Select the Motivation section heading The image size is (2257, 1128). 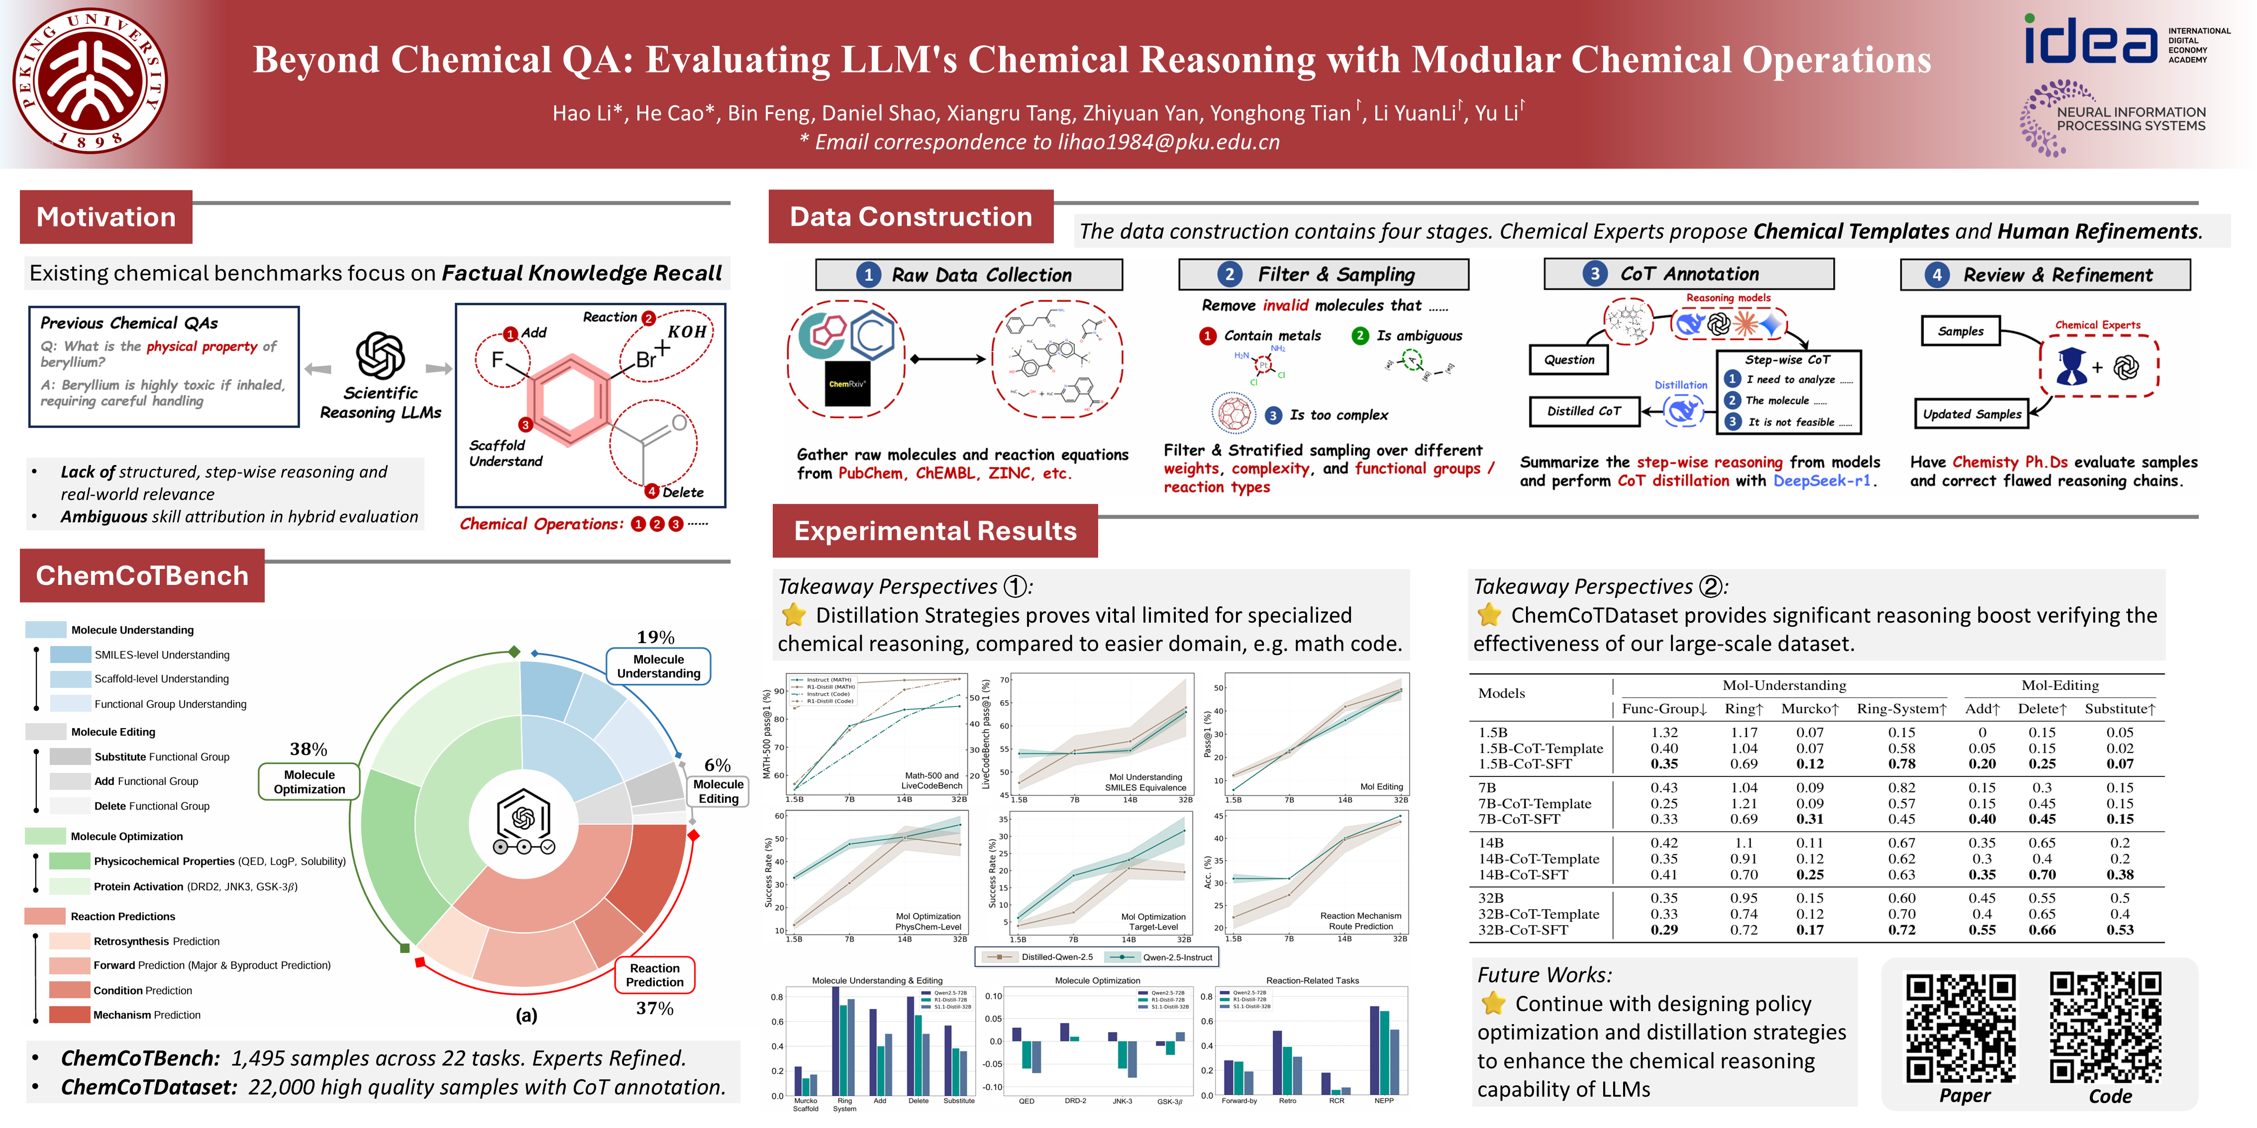point(106,217)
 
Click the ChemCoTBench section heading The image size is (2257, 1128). point(142,575)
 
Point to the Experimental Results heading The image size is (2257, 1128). point(935,531)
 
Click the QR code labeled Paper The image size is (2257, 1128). point(1961,1028)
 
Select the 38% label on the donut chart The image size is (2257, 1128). point(308,750)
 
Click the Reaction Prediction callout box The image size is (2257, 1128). point(654,975)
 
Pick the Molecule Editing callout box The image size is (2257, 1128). point(718,791)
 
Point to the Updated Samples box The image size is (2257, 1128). point(1971,414)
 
